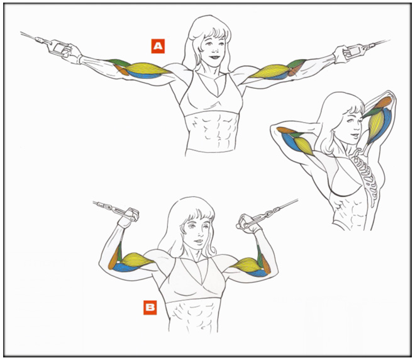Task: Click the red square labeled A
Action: point(158,46)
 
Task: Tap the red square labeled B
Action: point(150,308)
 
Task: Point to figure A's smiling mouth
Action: point(214,57)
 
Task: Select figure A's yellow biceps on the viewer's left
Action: point(147,69)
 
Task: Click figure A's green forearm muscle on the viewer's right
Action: point(296,64)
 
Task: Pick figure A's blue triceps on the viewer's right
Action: point(275,77)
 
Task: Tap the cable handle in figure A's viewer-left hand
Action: point(60,48)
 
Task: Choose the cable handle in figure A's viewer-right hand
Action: point(355,50)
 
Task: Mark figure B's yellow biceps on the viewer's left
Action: point(136,259)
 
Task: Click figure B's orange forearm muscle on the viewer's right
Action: point(265,265)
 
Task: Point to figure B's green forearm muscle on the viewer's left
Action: point(119,252)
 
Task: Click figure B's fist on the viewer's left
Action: point(130,215)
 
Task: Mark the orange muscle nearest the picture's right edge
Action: point(383,103)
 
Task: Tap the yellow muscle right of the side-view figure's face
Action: point(377,125)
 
